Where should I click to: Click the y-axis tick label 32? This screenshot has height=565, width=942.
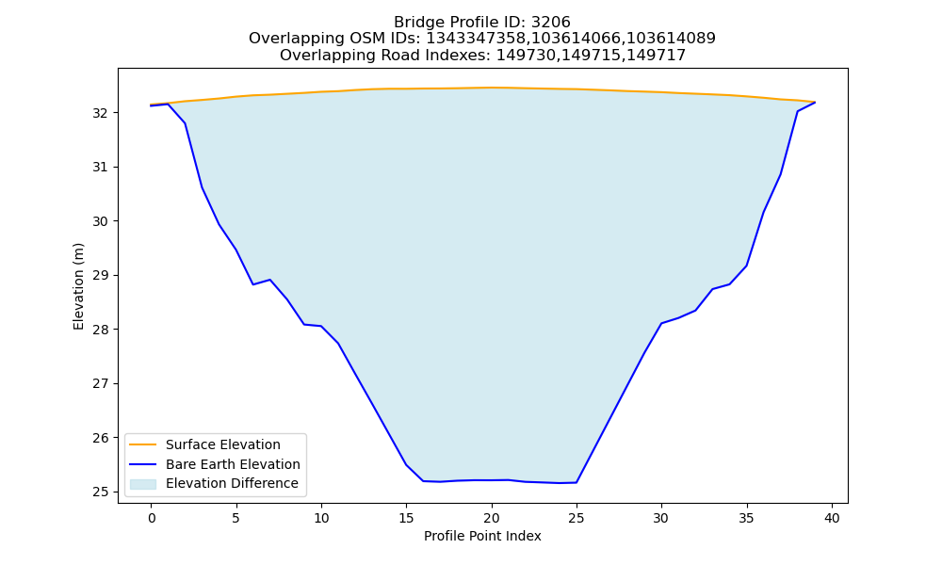click(x=101, y=113)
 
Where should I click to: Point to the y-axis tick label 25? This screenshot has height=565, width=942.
click(x=101, y=492)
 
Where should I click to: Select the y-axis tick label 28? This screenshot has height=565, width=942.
click(x=101, y=330)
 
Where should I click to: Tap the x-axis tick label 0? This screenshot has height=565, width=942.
click(x=152, y=518)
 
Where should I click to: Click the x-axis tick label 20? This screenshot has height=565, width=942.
click(x=492, y=518)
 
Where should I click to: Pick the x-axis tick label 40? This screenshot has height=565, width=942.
click(x=832, y=518)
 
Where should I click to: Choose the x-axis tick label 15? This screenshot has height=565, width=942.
click(x=406, y=518)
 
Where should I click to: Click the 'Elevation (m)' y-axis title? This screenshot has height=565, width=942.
click(x=79, y=286)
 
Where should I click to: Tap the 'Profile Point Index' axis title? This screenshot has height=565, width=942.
click(x=482, y=536)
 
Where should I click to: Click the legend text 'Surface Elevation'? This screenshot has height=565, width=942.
click(x=223, y=444)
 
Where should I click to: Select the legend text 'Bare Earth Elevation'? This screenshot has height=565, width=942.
click(x=233, y=464)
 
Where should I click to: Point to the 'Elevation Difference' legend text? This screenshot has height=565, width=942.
click(x=232, y=483)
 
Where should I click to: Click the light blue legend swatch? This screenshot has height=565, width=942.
click(x=143, y=484)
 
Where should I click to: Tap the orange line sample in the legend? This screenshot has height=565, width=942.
click(x=143, y=444)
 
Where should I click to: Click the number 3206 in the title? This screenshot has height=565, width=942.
click(x=551, y=23)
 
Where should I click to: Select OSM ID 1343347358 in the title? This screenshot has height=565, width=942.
click(x=475, y=39)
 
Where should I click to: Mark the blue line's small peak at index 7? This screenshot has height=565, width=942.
click(x=270, y=279)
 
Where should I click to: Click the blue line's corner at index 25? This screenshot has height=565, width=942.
click(x=577, y=482)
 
